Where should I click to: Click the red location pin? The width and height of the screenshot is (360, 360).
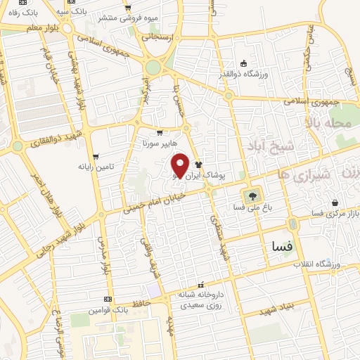[x=180, y=166]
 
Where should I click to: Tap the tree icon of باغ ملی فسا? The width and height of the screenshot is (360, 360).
[x=250, y=195]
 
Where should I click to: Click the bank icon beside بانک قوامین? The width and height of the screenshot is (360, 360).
[x=107, y=299]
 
